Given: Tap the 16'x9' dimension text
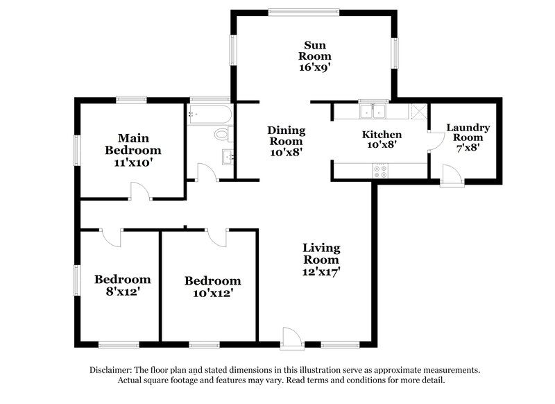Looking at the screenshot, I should (314, 68).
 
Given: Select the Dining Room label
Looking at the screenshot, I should (286, 135).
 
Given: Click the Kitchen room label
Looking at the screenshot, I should (382, 134).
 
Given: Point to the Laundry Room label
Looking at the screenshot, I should (468, 133).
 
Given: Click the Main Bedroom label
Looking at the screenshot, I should (133, 144).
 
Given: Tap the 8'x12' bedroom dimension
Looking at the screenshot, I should (123, 292).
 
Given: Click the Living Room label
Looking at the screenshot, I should (321, 253).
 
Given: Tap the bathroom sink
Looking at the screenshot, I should (228, 156).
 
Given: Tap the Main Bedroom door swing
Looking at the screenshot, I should (139, 190).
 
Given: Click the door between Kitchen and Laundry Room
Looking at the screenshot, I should (434, 142).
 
